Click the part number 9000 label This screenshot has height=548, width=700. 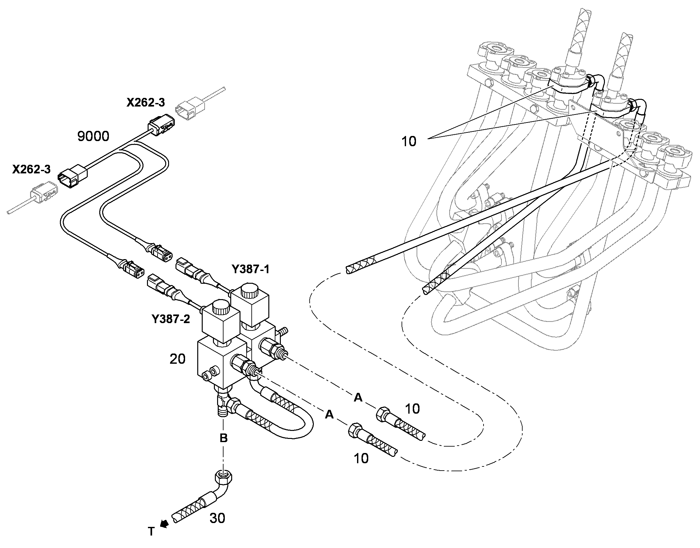93,136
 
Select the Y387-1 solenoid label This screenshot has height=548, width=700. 251,269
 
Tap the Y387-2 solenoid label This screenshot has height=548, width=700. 171,319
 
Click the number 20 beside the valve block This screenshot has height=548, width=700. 178,359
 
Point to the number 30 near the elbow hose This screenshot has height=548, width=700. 217,518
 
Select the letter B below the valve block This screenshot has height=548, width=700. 224,438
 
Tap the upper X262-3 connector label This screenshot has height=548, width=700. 146,102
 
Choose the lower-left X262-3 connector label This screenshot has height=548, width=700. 31,170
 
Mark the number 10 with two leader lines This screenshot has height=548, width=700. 409,141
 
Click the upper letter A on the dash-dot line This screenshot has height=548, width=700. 358,398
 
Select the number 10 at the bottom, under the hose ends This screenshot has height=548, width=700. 361,459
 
